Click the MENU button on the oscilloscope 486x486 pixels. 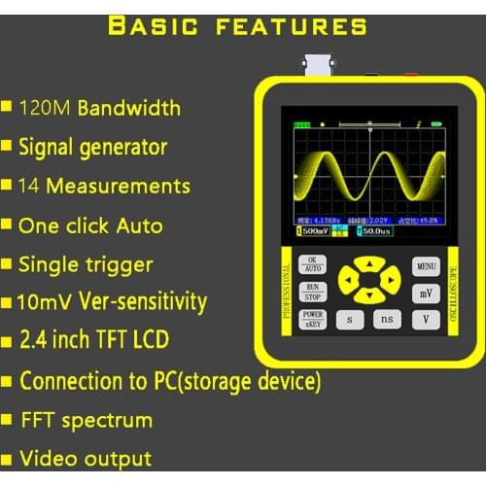[x=425, y=265]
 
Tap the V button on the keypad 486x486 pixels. [x=425, y=318]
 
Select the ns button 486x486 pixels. [x=388, y=318]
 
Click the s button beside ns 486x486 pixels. [x=350, y=318]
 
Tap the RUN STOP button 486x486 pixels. [x=312, y=292]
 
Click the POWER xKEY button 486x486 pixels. [x=312, y=319]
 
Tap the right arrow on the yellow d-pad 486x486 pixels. [x=389, y=280]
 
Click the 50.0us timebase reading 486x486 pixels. [x=380, y=231]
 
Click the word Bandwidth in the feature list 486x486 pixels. [x=129, y=107]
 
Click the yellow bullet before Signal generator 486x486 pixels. [x=8, y=147]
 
